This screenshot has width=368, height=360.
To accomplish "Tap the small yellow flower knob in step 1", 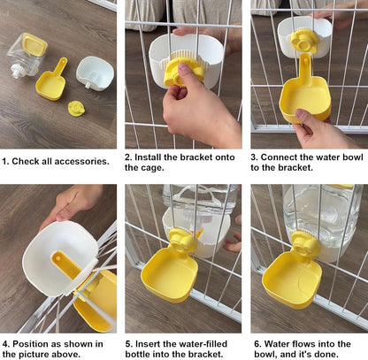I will [77, 108].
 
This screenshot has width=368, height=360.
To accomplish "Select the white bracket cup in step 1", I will [95, 73].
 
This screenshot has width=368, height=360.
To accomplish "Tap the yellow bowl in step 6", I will [292, 278].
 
